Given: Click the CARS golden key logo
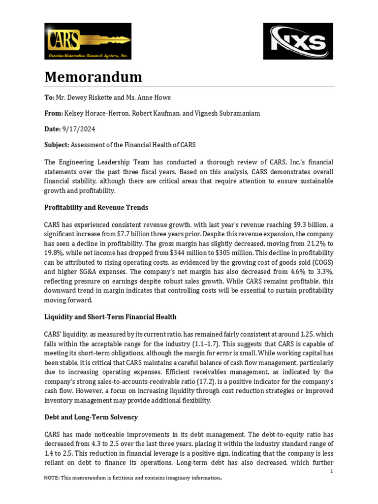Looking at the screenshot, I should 88,41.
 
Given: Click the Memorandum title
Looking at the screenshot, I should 93,77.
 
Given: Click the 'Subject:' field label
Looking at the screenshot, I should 57,145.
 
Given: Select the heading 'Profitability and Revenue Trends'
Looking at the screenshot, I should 96,207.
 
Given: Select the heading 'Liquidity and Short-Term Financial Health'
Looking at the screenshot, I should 110,316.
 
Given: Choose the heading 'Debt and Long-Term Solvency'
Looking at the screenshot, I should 91,417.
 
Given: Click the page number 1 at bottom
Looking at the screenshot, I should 332,472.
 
